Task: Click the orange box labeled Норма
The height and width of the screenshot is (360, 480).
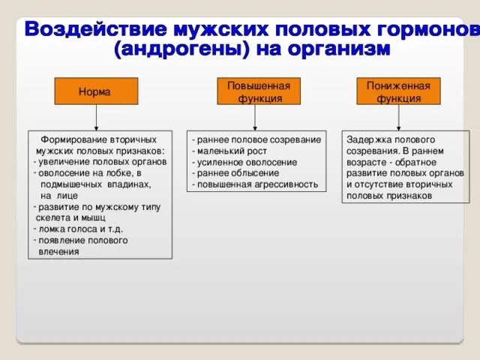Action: (x=95, y=91)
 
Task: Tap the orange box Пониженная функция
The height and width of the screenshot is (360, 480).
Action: (x=397, y=91)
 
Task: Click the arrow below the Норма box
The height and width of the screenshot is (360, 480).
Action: (x=95, y=118)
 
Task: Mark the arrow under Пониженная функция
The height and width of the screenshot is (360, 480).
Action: (x=398, y=118)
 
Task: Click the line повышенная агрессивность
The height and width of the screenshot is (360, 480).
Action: (x=255, y=184)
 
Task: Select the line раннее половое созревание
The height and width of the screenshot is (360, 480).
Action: (x=256, y=139)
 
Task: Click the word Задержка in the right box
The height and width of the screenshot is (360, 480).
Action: (x=367, y=139)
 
